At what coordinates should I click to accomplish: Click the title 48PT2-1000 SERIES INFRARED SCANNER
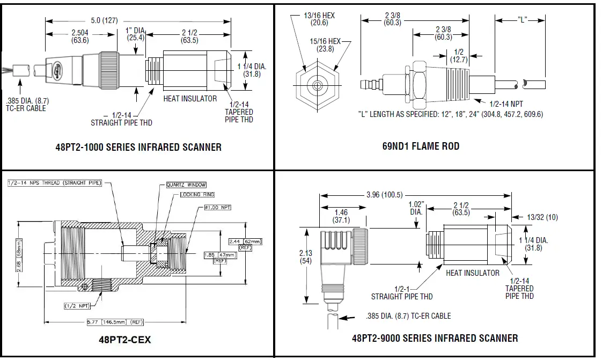coord(138,146)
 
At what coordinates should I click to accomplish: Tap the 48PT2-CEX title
coord(124,339)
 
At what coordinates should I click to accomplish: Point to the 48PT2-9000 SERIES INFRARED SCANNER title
coord(435,338)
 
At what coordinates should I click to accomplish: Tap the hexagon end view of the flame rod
coord(318,85)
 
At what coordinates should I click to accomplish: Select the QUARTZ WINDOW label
coord(185,185)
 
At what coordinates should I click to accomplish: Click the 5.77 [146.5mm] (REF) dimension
coord(115,322)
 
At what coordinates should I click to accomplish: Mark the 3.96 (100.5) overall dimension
coord(384,194)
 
